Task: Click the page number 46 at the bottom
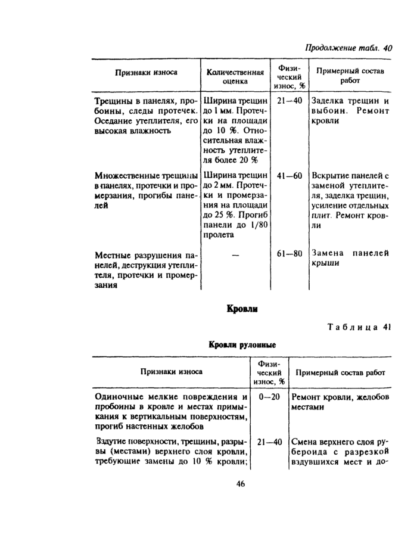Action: point(241,484)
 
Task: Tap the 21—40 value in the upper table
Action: point(290,101)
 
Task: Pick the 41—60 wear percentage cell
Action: point(290,176)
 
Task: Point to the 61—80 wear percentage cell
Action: point(290,253)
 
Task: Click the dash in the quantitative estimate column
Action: point(235,254)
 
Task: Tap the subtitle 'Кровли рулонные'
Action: point(241,345)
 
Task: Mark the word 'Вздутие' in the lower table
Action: point(111,443)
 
